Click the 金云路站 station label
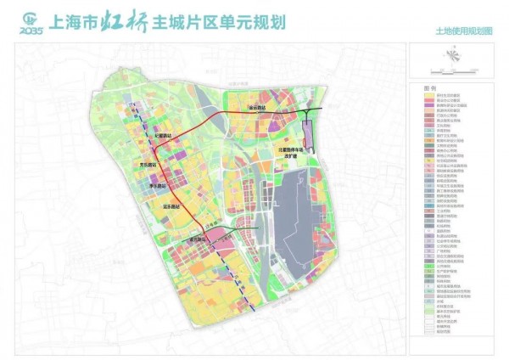point(256,109)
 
